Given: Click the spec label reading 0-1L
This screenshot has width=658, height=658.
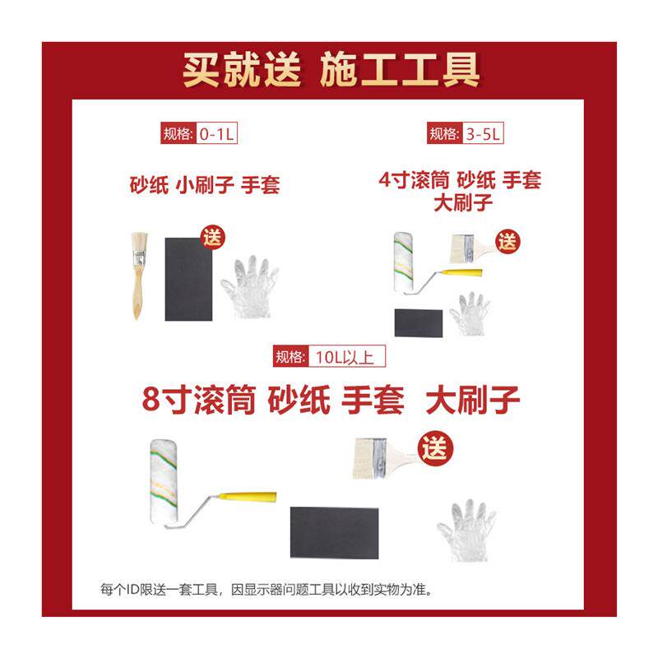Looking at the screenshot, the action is click(x=199, y=133).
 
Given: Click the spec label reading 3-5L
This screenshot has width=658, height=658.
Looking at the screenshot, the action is click(x=465, y=133).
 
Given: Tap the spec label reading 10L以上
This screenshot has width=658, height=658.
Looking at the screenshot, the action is click(x=329, y=356).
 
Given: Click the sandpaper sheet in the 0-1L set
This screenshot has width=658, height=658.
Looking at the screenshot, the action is click(x=188, y=280).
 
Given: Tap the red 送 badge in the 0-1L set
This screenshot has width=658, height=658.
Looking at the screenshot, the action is click(x=212, y=238).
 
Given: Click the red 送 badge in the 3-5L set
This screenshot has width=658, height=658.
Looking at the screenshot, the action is click(x=507, y=242).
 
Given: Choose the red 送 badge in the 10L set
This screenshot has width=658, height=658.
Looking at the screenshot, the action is click(x=435, y=448).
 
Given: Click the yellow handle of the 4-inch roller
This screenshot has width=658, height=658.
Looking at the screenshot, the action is click(x=466, y=273).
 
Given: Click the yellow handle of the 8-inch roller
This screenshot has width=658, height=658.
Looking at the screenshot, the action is click(x=248, y=497).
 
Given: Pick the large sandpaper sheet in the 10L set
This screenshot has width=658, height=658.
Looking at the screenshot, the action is click(x=334, y=533).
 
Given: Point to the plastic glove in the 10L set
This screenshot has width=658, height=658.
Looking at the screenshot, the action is click(x=466, y=530).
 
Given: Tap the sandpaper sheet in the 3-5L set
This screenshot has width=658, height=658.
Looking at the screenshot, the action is click(x=419, y=323).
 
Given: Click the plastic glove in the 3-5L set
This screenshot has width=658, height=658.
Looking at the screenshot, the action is click(x=470, y=314).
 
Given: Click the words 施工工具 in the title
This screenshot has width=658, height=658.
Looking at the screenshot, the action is click(x=400, y=70).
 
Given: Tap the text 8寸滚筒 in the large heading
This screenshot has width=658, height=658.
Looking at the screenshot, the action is click(x=199, y=400).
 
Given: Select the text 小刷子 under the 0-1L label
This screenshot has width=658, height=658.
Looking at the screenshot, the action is click(x=204, y=185).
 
